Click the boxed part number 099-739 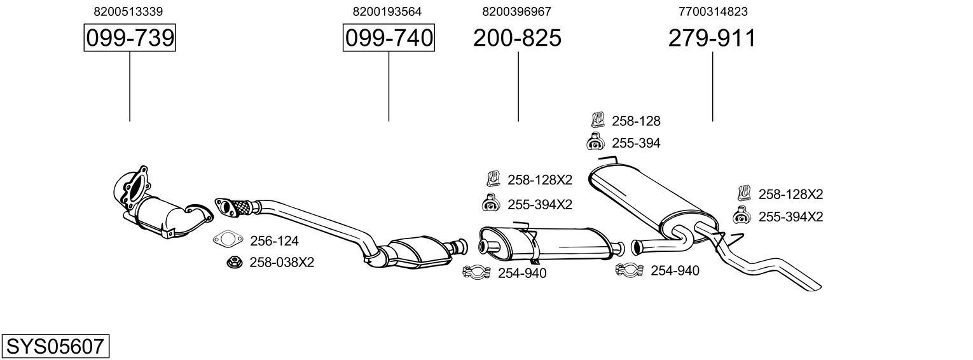[x=130, y=38]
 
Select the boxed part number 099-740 [x=389, y=38]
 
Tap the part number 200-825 [x=517, y=38]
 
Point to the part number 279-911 [x=712, y=38]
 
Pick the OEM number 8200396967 [x=516, y=11]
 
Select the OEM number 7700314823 [x=713, y=11]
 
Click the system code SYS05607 [x=55, y=347]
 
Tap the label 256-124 [x=274, y=241]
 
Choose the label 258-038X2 [x=282, y=262]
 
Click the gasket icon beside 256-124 [x=228, y=240]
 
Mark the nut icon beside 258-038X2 [x=233, y=261]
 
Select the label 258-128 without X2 [x=636, y=121]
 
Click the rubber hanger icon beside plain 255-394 [x=594, y=143]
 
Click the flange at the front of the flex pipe [x=224, y=205]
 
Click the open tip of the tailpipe [x=816, y=286]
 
